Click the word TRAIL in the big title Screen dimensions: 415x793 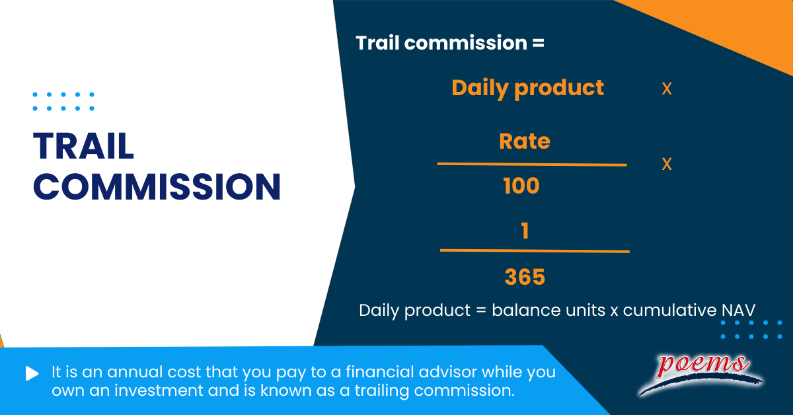tap(83, 146)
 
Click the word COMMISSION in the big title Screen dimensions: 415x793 tap(157, 186)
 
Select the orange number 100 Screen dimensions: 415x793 tap(521, 186)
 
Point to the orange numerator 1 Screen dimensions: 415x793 tap(525, 231)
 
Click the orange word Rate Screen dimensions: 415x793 tap(525, 141)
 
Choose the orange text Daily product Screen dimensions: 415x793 tap(527, 87)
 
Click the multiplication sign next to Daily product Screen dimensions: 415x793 tap(667, 89)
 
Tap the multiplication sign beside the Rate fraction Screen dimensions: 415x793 tap(667, 164)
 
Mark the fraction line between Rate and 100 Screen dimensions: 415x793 tap(531, 164)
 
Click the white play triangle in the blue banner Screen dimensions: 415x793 tap(32, 373)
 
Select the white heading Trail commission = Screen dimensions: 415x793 tap(450, 43)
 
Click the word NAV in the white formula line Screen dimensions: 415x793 tap(740, 310)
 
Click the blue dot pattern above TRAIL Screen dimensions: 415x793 tap(63, 101)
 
